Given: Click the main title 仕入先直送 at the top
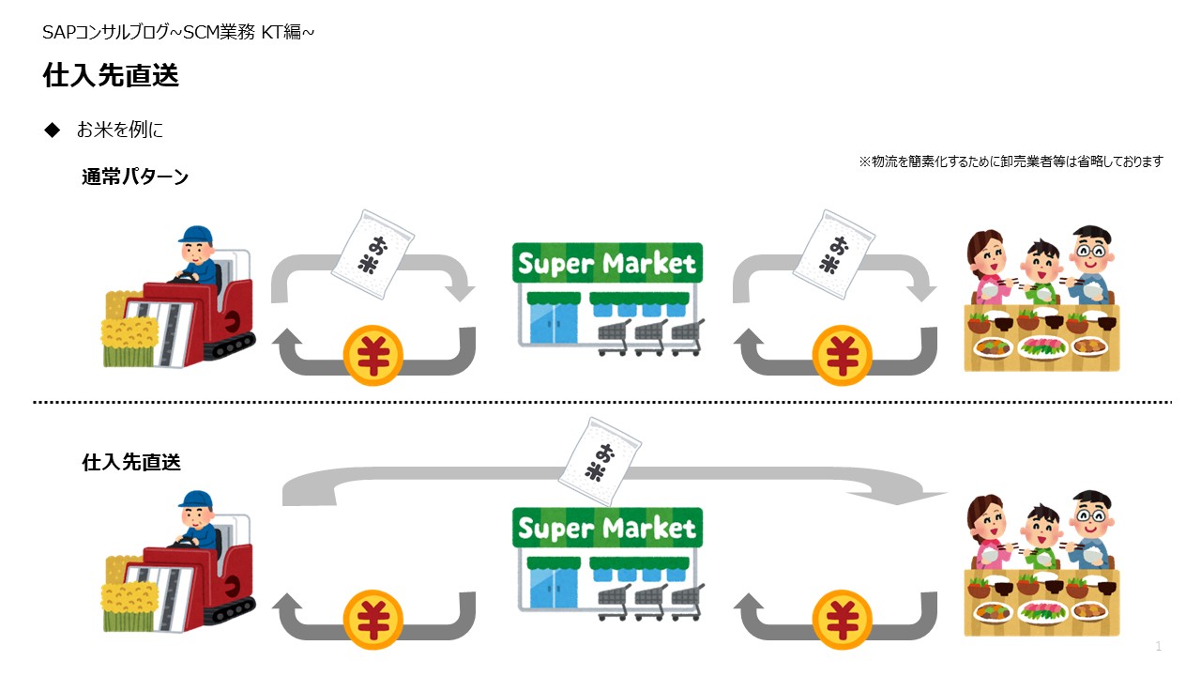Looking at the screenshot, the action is point(111,74).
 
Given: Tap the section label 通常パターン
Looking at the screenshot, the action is point(135,177).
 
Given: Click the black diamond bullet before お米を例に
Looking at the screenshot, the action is point(53,130).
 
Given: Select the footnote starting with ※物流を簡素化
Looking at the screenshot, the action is point(1011,161).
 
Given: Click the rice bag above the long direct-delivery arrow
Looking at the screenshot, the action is point(600,462).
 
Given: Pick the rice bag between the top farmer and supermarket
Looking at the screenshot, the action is point(372,254).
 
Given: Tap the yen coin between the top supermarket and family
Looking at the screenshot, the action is point(842,355).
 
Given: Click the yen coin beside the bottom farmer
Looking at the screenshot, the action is point(373,620).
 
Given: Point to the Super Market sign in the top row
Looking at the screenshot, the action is point(607,263).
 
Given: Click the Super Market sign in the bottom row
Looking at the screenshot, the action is point(607,528).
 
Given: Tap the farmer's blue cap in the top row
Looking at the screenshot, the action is point(195,234).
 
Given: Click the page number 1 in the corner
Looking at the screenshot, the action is point(1159,646).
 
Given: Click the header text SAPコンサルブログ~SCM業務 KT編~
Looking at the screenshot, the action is point(178,32).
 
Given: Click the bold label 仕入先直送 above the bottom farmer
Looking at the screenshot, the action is point(131,462).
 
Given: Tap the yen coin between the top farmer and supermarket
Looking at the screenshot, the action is point(373,355).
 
